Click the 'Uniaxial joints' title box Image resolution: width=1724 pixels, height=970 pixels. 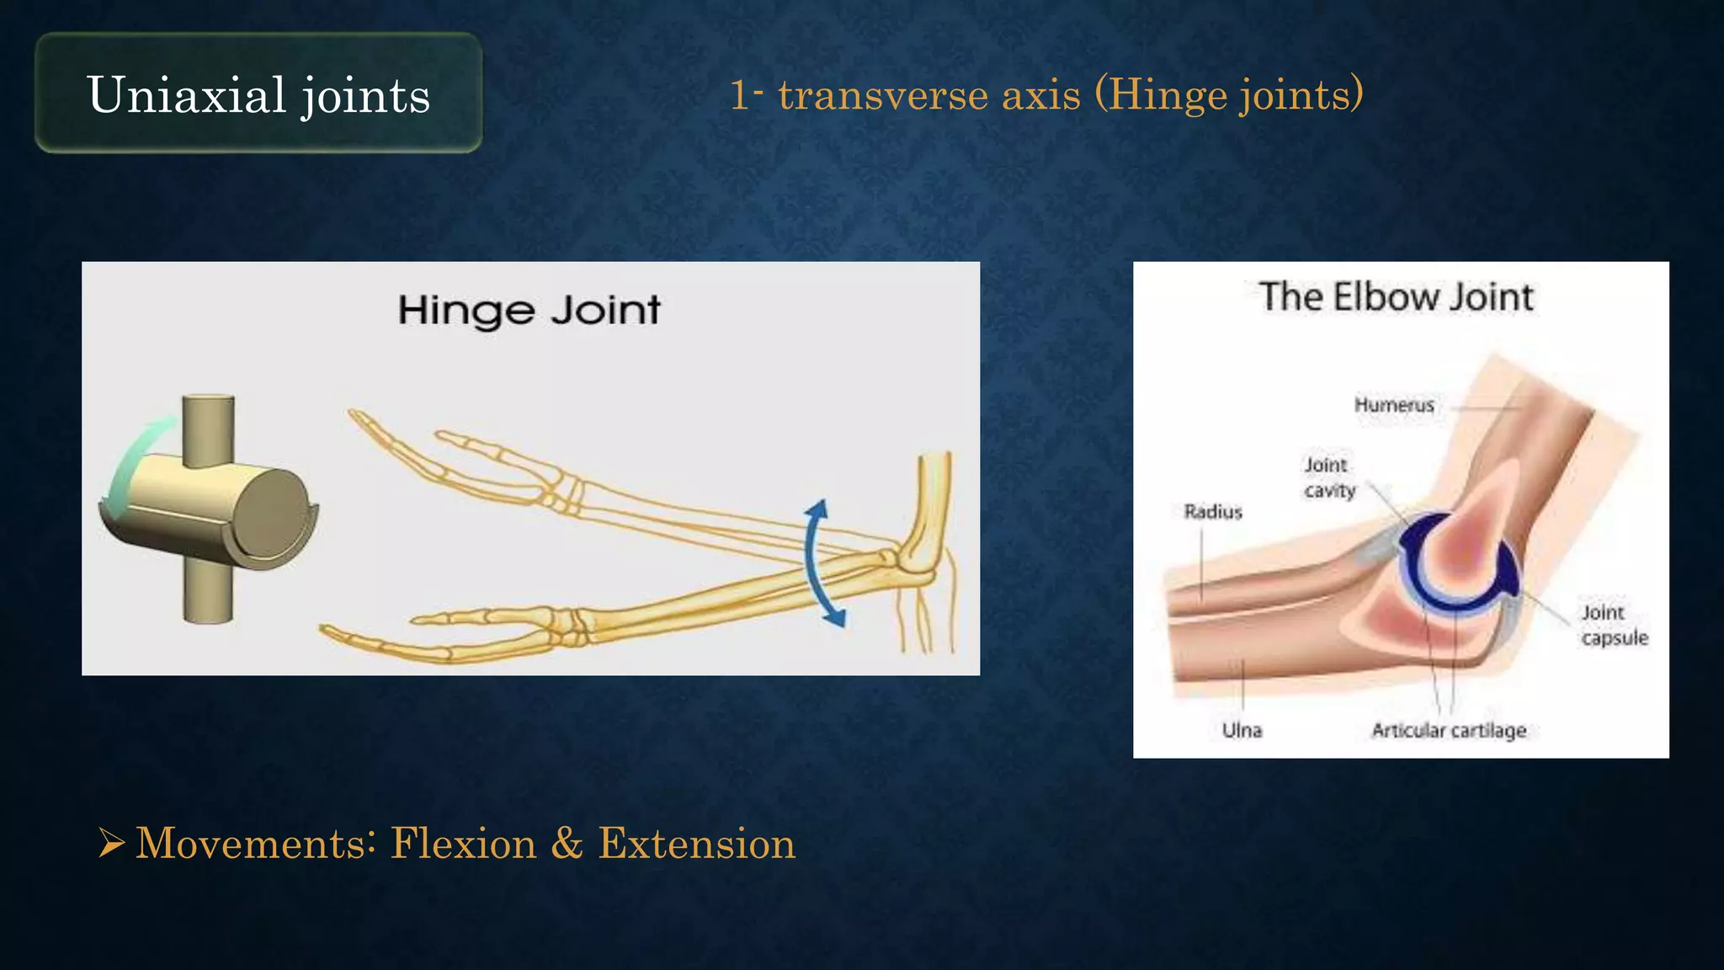tap(258, 93)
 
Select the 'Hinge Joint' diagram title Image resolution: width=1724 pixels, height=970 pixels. tap(529, 310)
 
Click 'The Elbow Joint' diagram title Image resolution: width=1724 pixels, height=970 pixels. tap(1396, 297)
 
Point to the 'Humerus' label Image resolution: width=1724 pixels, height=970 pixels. tap(1394, 405)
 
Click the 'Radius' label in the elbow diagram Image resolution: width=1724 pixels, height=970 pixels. tap(1213, 512)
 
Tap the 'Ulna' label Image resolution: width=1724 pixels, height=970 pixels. tap(1242, 730)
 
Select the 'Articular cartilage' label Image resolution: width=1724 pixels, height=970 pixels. tap(1449, 730)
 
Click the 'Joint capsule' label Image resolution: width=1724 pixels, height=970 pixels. tap(1614, 625)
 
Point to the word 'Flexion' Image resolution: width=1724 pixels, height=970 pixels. tap(463, 844)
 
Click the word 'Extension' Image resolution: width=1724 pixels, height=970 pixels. tap(696, 844)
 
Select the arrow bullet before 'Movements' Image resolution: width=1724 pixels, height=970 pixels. tap(111, 843)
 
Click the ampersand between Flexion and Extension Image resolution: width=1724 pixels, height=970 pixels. tap(567, 844)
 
